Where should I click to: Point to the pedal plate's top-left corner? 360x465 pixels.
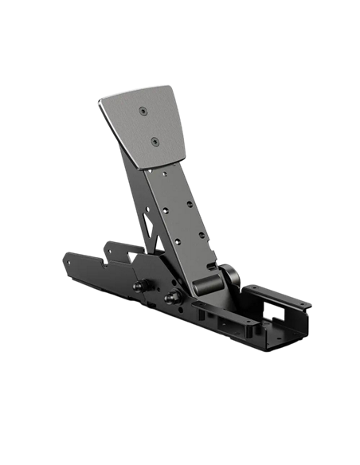click(x=100, y=101)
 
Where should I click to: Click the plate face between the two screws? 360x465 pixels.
click(x=148, y=126)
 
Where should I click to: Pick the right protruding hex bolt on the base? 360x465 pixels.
click(x=170, y=299)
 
